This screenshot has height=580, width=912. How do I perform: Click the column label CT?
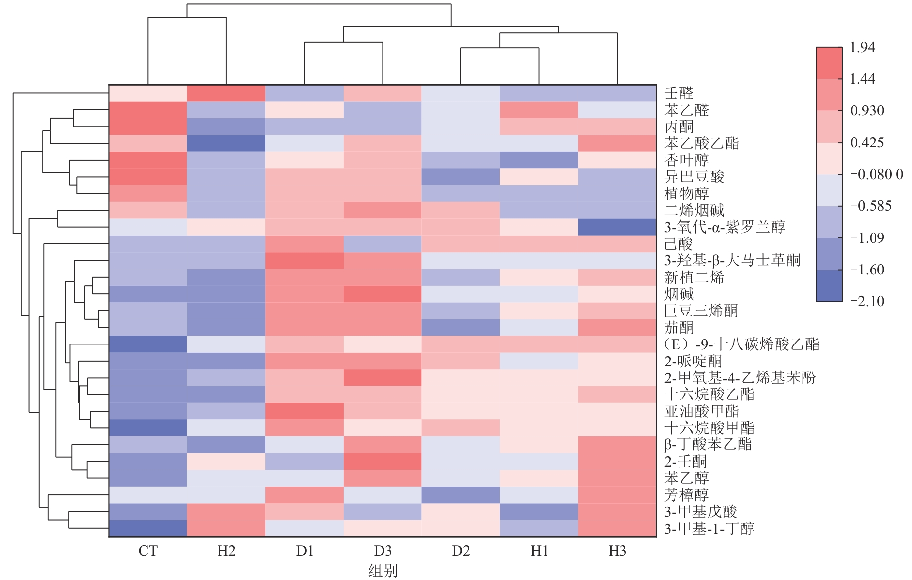pos(148,551)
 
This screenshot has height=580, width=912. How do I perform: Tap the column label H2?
pos(226,551)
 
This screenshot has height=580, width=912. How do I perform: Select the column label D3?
pos(383,551)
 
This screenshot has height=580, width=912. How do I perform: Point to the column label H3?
pos(617,551)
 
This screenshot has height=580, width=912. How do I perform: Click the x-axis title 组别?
pos(383,570)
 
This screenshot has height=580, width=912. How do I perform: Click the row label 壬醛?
pos(678,93)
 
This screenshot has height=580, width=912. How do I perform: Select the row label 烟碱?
pos(679,294)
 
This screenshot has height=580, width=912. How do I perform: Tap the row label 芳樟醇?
pos(686,495)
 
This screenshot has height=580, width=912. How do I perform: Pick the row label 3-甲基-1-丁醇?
pos(709,528)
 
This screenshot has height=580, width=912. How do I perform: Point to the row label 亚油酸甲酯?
pos(702,411)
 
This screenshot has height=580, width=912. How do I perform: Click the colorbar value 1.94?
pos(862,47)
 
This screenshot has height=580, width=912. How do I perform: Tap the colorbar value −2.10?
pos(867,301)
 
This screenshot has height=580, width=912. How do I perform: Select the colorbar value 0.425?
pos(866,143)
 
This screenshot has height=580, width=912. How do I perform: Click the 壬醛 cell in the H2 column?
pos(226,93)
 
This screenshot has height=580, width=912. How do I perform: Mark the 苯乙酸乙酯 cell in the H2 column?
pos(226,143)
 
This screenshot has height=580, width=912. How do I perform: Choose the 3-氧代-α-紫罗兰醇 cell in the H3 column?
pos(617,227)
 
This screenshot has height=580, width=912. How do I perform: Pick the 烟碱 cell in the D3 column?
pos(383,294)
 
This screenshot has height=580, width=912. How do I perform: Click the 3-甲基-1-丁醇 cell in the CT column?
pos(148,528)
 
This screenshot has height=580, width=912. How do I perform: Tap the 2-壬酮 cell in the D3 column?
pos(383,461)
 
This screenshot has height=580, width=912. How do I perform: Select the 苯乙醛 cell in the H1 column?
pos(539,110)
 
